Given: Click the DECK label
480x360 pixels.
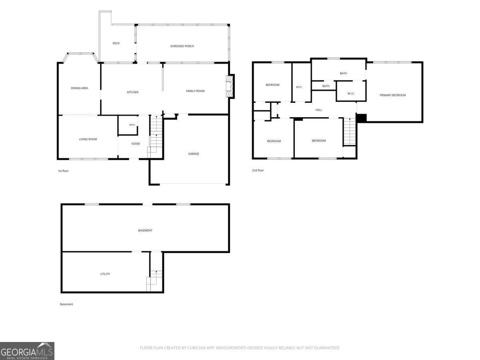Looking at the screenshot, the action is point(116,43).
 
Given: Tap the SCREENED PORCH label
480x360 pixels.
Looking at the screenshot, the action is point(182,46).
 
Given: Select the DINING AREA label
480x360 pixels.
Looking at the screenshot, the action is point(79,88).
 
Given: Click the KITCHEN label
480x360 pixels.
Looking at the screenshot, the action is point(132,92).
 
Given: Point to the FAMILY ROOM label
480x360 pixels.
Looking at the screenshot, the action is point(195,91).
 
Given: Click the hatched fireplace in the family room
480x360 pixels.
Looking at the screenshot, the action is point(229,86).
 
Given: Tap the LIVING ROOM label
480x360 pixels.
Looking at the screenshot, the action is point(88,139).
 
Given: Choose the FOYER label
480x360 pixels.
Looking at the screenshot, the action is point(136,144).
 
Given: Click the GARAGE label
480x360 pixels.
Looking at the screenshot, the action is point(194,154).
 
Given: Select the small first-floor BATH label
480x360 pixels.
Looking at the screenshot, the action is point(132,125).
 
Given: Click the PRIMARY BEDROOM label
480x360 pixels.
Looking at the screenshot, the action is point(393,95).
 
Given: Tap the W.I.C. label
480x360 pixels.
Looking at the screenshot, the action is point(351,94).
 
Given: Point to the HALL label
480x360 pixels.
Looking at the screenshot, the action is point(319,110).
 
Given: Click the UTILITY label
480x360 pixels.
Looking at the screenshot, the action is point(105,274).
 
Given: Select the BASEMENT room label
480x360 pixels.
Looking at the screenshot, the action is point(145,230).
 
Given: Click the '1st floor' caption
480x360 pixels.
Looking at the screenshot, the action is point(63,171).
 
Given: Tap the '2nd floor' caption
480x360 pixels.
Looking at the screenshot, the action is point(258,170).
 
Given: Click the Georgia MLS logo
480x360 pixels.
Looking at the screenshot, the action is point(27,351).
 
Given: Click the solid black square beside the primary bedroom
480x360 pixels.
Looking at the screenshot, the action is point(361,118).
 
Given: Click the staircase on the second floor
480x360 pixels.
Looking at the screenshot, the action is point(350,132).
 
